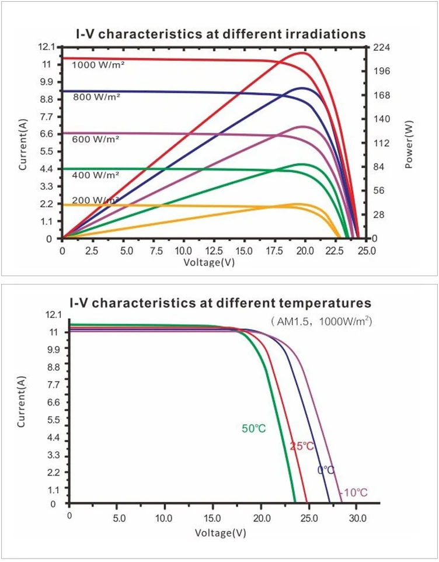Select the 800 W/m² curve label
(x=97, y=96)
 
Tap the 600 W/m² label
(x=96, y=139)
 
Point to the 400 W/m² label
(x=96, y=175)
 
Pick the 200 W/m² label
(x=96, y=200)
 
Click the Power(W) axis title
(x=409, y=145)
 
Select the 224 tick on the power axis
(x=382, y=47)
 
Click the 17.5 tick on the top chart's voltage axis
(x=274, y=251)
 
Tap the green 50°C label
(x=254, y=428)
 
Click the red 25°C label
(x=302, y=446)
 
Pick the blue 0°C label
(x=326, y=470)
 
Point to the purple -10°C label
(x=353, y=493)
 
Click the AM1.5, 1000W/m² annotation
(x=322, y=321)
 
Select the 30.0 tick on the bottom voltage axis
(x=358, y=519)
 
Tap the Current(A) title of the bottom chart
(x=22, y=402)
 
